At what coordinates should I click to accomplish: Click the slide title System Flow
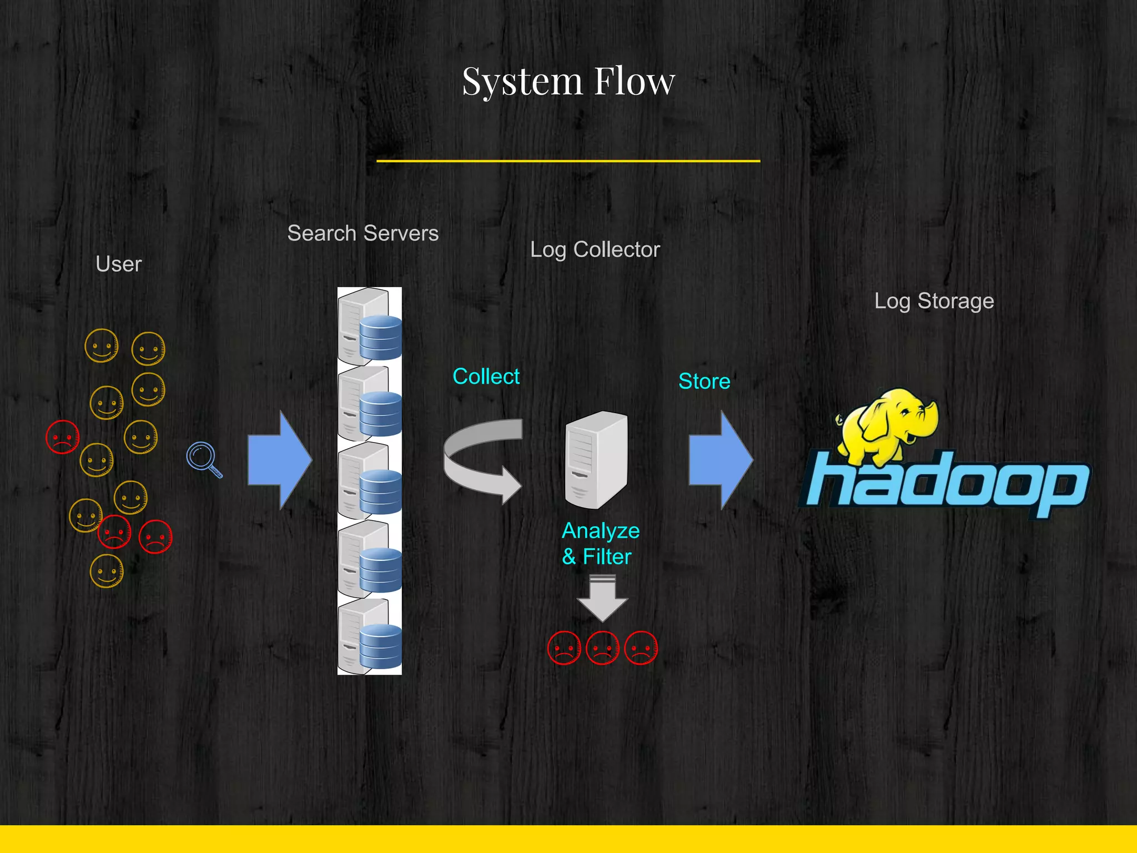(x=568, y=82)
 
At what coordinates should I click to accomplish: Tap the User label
(x=118, y=264)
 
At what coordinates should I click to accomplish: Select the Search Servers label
(x=363, y=233)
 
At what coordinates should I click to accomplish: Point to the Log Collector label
(x=595, y=250)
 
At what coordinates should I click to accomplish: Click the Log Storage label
(x=934, y=301)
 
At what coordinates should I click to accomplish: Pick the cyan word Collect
(x=486, y=377)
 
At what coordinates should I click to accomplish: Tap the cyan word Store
(x=704, y=382)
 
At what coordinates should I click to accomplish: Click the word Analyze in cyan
(x=601, y=531)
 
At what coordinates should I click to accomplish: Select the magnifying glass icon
(x=203, y=459)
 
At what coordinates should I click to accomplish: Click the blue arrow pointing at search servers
(x=279, y=460)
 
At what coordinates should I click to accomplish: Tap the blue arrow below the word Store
(x=720, y=460)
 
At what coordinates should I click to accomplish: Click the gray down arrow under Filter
(x=602, y=599)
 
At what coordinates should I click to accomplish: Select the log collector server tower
(x=596, y=460)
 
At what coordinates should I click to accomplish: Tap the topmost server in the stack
(x=369, y=326)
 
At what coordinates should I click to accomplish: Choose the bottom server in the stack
(x=369, y=637)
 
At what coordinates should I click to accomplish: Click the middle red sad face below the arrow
(x=602, y=648)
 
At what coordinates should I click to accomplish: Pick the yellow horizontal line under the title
(x=568, y=161)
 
